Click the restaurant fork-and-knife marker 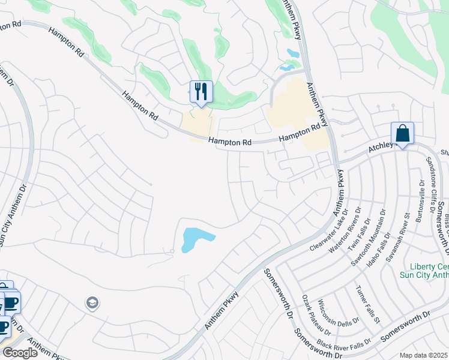[201, 92]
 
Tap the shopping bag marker [402, 134]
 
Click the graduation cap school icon [92, 302]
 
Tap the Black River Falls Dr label [340, 346]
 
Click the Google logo [20, 353]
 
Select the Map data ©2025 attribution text [424, 355]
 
